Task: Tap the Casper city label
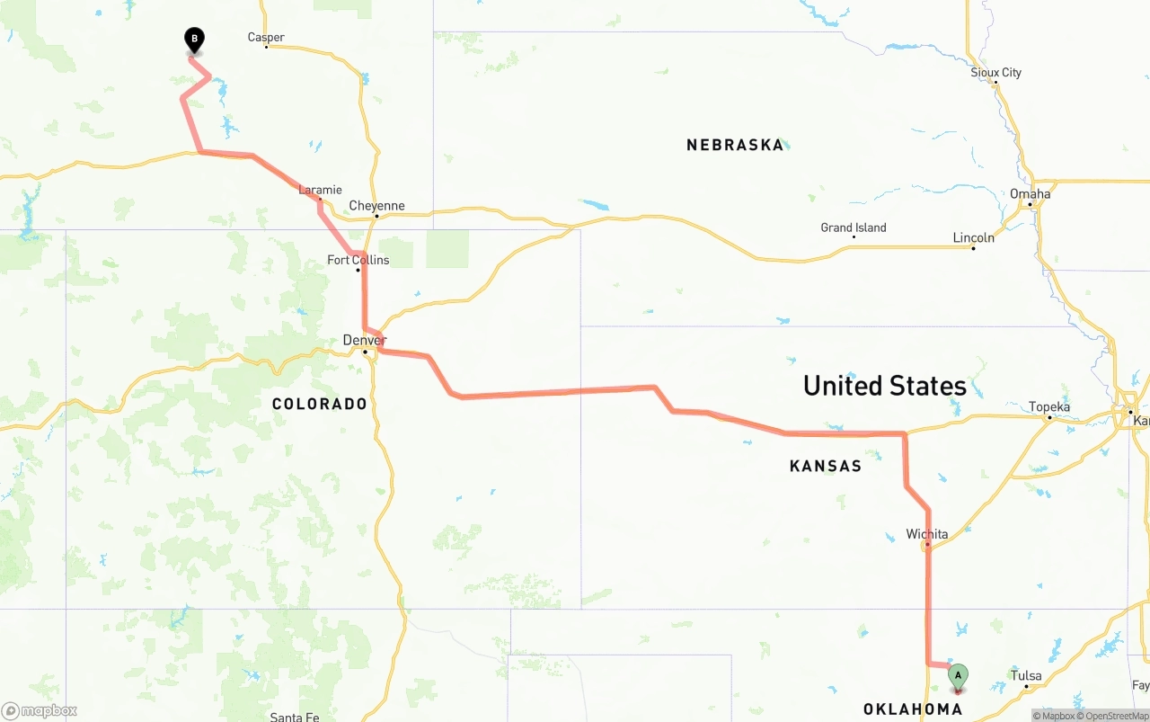266,38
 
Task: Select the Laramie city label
320,190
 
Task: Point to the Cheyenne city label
376,206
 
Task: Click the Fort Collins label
358,260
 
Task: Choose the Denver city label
364,340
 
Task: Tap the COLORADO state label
320,405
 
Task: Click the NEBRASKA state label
735,145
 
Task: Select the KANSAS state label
825,466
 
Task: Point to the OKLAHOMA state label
912,709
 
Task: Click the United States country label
884,386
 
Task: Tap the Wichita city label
926,534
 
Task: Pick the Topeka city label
1048,406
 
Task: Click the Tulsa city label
1026,675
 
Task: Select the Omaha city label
1030,193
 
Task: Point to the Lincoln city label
973,237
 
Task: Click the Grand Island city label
853,227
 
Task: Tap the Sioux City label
995,73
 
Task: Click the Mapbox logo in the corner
40,710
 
